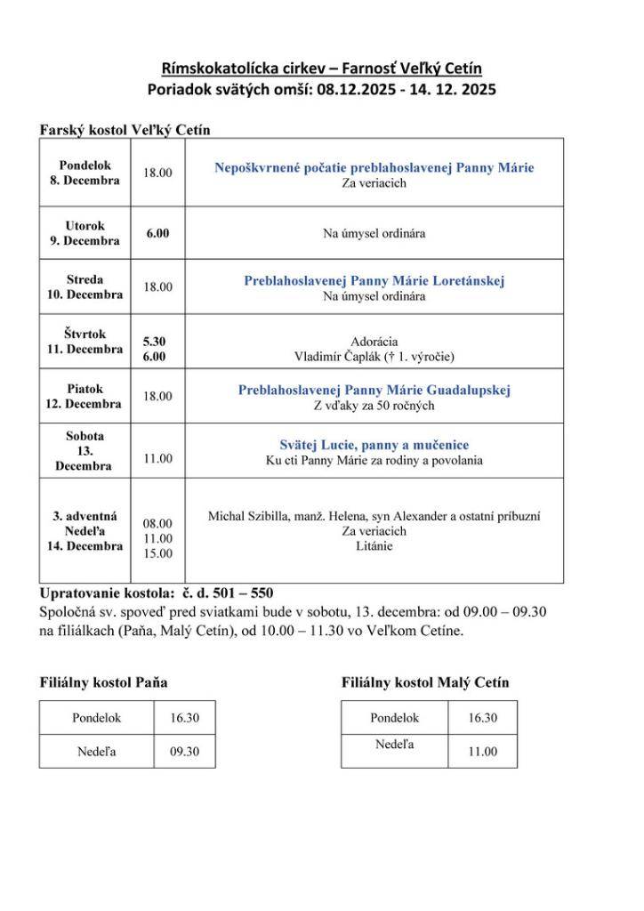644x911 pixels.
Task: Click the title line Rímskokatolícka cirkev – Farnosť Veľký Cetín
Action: point(322,69)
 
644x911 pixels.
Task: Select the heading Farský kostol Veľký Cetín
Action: point(125,130)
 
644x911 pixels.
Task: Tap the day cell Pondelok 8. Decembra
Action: point(85,173)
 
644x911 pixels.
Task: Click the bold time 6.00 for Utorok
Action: point(157,233)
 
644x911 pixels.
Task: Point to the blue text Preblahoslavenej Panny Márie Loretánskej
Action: point(374,280)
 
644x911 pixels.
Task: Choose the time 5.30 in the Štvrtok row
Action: point(154,341)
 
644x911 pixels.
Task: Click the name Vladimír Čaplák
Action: point(337,357)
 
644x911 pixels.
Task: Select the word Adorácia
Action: point(374,342)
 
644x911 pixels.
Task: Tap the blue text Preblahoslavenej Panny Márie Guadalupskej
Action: point(374,390)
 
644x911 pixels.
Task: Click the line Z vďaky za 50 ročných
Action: point(374,406)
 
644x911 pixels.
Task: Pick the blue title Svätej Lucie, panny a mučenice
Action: point(374,445)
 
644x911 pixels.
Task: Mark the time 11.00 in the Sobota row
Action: point(157,459)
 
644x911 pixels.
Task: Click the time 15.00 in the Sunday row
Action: point(157,553)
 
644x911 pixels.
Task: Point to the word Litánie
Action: point(374,546)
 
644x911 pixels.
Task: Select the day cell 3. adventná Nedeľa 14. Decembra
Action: point(85,531)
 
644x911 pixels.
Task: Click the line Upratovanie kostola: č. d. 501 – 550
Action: point(157,593)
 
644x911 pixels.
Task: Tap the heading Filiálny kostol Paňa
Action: point(103,682)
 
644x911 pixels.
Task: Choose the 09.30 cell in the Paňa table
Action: point(184,752)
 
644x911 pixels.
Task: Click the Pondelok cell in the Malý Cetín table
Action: point(394,718)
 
